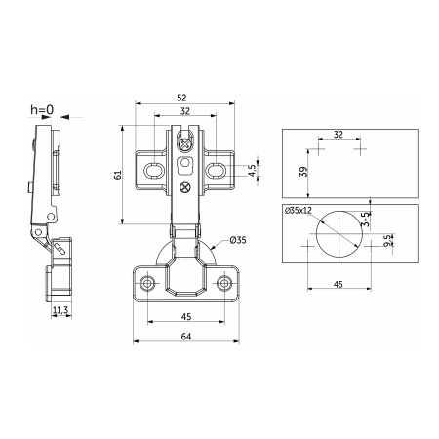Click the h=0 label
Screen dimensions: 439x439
coord(42,110)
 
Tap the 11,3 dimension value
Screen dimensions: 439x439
coord(60,310)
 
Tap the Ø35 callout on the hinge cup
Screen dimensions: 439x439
coord(238,240)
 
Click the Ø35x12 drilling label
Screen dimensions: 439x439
coord(299,211)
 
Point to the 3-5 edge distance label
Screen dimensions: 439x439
coord(366,219)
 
